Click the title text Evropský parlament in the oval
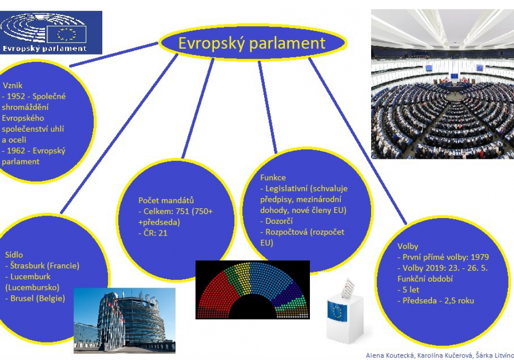(x=251, y=43)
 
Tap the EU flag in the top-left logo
(x=66, y=34)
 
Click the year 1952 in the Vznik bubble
(x=16, y=96)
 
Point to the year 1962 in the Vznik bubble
(x=16, y=151)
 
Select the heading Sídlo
(x=14, y=255)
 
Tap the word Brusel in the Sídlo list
(x=22, y=298)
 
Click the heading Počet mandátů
(x=166, y=201)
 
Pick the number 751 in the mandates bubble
(x=182, y=211)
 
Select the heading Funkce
(x=273, y=178)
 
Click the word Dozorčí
(x=279, y=221)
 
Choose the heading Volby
(x=408, y=246)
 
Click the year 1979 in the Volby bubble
(x=480, y=257)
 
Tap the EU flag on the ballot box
(x=337, y=311)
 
